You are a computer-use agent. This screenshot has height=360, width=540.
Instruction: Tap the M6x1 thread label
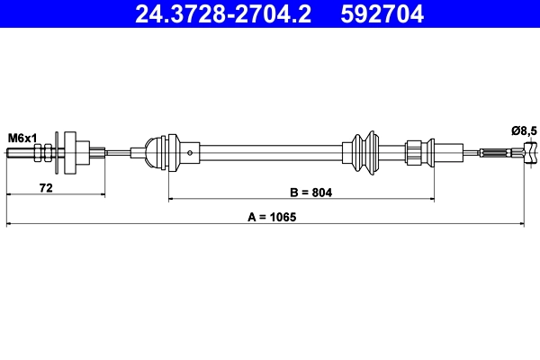22,137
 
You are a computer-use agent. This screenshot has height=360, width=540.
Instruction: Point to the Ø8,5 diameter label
523,131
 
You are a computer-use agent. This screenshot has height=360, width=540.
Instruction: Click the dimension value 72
44,187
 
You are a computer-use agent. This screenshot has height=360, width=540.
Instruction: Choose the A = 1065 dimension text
272,218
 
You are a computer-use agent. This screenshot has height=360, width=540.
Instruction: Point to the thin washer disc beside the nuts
57,154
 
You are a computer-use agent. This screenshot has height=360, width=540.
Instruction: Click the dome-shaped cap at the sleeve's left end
151,152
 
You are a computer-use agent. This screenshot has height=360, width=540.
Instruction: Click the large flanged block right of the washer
79,153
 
